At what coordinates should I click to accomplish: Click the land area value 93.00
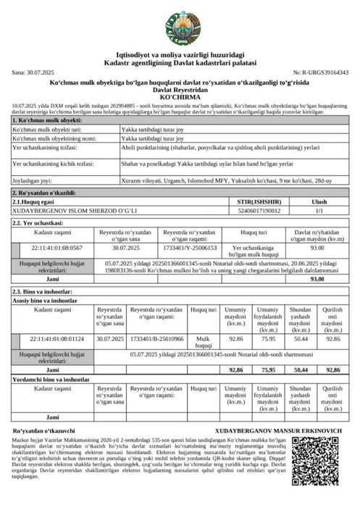click(x=317, y=247)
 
